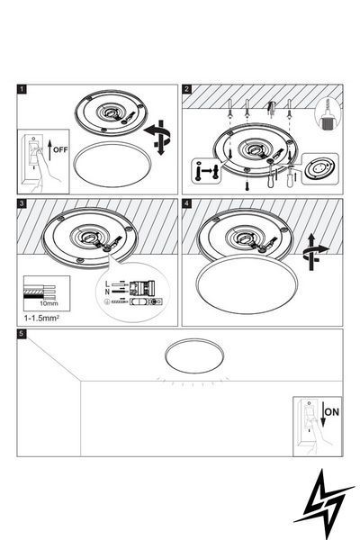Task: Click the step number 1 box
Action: coord(22,89)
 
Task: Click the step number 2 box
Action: coord(186,89)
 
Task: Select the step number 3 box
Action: coord(22,203)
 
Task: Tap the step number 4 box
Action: coord(186,203)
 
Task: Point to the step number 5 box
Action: coord(22,334)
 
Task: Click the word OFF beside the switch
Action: coord(60,149)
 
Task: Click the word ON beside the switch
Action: coord(332,412)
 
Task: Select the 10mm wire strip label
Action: coord(49,303)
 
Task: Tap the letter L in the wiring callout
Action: coord(107,284)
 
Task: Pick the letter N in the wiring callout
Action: coord(108,292)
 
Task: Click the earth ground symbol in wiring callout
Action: coord(107,301)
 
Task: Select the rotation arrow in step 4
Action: coord(314,252)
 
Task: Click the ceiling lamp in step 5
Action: coord(194,356)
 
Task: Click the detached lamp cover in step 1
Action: coord(112,165)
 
